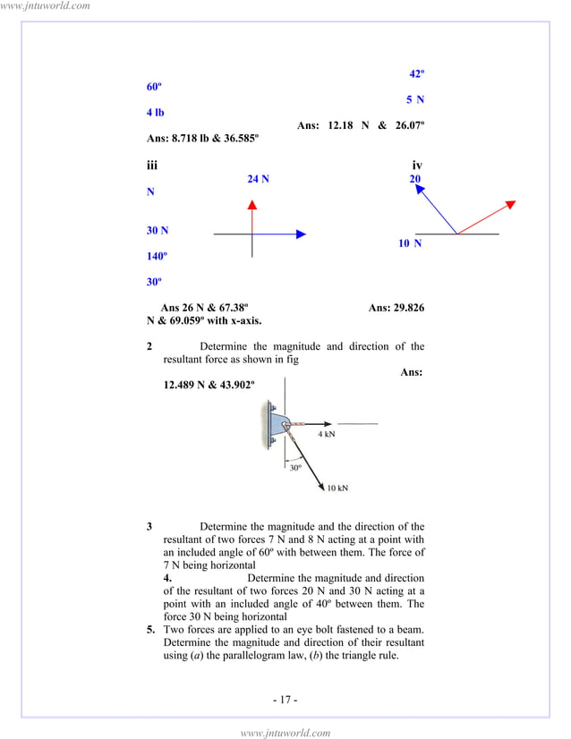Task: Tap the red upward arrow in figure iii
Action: pyautogui.click(x=252, y=218)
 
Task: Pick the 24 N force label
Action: pyautogui.click(x=259, y=179)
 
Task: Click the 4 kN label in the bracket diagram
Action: pyautogui.click(x=328, y=434)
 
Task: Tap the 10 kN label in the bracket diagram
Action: pyautogui.click(x=337, y=488)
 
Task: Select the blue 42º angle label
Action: pyautogui.click(x=416, y=74)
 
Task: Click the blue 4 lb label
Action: pyautogui.click(x=155, y=113)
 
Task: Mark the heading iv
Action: pyautogui.click(x=417, y=166)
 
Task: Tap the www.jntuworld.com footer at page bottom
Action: pyautogui.click(x=285, y=733)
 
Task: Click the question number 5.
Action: pyautogui.click(x=151, y=631)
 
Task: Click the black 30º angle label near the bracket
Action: pyautogui.click(x=294, y=467)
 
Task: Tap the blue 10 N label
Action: pyautogui.click(x=411, y=243)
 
